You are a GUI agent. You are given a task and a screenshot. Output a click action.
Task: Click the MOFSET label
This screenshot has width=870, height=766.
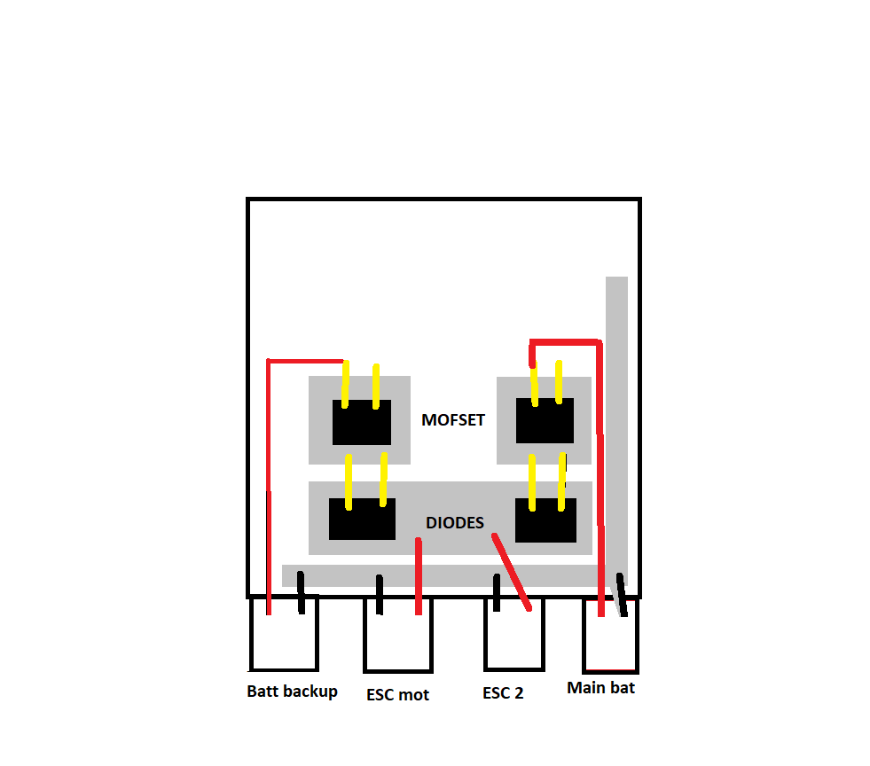pos(453,420)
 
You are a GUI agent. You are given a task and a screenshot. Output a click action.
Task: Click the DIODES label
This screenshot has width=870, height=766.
pos(455,523)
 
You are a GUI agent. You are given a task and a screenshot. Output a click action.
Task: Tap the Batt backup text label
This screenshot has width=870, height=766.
pos(292,692)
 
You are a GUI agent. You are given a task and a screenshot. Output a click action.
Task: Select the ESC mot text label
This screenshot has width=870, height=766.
pos(397,695)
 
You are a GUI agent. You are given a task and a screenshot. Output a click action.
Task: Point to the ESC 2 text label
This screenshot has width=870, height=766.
pos(503,693)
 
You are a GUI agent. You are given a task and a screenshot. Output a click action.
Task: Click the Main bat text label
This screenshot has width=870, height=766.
pos(600,687)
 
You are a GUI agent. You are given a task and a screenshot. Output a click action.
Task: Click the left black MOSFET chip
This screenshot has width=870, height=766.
pos(361,422)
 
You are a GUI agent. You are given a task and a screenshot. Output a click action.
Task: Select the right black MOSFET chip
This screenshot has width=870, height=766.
pos(545,420)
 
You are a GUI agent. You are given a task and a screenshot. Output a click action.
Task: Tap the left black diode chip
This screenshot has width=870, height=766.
pos(361,519)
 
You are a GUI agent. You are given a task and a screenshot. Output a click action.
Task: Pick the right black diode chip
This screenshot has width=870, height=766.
pos(545,520)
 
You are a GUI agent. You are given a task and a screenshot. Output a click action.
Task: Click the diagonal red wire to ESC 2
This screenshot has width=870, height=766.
pos(513,572)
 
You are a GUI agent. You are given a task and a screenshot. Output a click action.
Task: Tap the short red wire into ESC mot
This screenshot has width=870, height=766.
pos(419,576)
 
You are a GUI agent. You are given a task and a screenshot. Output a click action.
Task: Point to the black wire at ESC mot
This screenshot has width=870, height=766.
pos(380,595)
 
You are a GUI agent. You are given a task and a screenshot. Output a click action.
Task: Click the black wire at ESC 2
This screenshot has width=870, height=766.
pos(497,592)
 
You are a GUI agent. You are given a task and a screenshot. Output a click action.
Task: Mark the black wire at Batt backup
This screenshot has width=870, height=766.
pos(301,593)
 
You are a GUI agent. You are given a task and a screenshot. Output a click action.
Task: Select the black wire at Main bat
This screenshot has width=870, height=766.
pos(622,595)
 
